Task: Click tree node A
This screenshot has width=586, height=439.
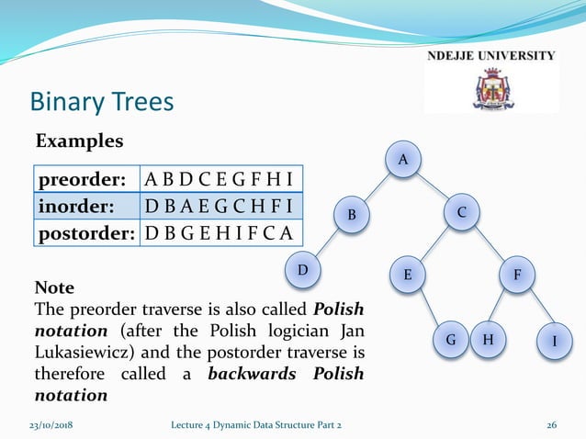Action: pyautogui.click(x=401, y=160)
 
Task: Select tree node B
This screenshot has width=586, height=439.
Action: pyautogui.click(x=351, y=215)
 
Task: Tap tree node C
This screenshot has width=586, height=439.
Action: pyautogui.click(x=461, y=212)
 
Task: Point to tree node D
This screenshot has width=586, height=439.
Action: pyautogui.click(x=302, y=271)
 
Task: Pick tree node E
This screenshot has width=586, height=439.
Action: pyautogui.click(x=408, y=274)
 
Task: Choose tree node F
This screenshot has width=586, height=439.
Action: pyautogui.click(x=517, y=274)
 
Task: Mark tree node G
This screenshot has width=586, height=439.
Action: pyautogui.click(x=451, y=339)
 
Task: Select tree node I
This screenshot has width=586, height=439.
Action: pyautogui.click(x=554, y=341)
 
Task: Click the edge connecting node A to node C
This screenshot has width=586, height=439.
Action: pyautogui.click(x=432, y=186)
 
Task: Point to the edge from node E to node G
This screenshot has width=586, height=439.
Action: pyautogui.click(x=429, y=307)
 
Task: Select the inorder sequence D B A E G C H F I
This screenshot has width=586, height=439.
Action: pyautogui.click(x=220, y=205)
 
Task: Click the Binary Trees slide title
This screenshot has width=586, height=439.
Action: pyautogui.click(x=102, y=100)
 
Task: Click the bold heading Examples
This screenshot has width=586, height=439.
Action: pyautogui.click(x=79, y=142)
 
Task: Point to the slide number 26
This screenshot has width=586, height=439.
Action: pyautogui.click(x=552, y=423)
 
